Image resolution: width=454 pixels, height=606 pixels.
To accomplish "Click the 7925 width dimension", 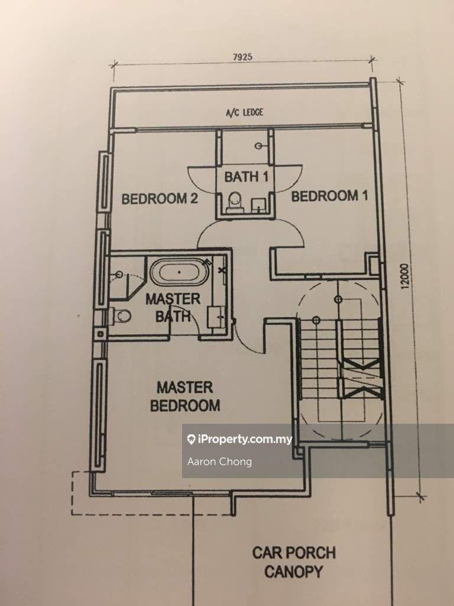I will coord(242,57).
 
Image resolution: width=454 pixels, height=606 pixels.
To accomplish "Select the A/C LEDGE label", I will coord(244,112).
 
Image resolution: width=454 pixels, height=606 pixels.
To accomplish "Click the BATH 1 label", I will coord(241,176).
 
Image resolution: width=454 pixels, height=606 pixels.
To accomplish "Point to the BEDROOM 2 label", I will coord(159,199).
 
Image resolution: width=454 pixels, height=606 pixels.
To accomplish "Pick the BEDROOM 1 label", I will coord(325,196).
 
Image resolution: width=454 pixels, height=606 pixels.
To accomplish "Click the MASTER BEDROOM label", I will coord(184,397).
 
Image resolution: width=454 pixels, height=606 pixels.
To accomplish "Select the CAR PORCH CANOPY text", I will coord(294,562).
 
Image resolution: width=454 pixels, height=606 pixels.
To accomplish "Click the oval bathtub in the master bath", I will coord(176,274).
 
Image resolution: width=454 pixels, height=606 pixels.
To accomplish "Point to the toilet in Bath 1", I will coord(234,200).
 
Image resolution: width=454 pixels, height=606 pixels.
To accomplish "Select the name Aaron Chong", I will coord(219,462).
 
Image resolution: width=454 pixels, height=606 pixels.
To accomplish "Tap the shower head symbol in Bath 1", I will coord(259,146).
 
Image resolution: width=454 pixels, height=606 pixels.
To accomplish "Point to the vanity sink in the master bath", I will coord(216,316).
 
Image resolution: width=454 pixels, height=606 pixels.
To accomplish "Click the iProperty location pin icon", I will coord(191,440).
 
